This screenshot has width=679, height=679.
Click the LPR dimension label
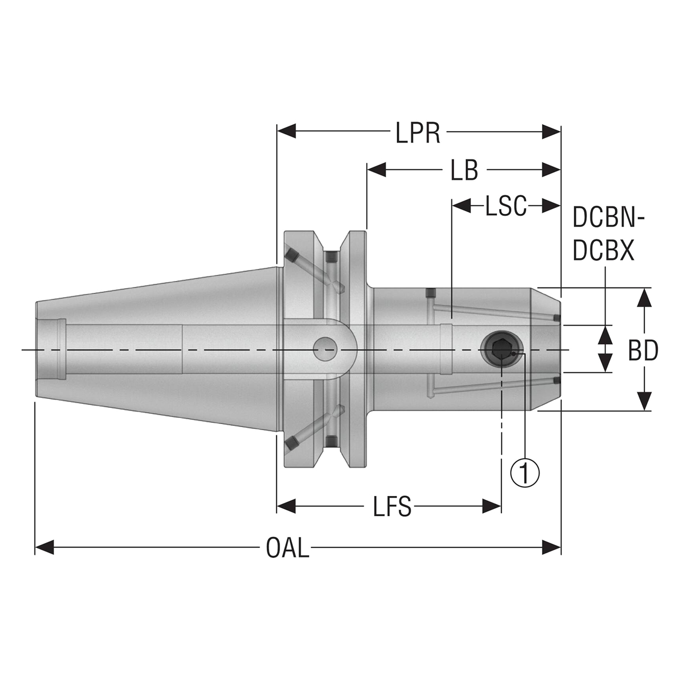point(417,134)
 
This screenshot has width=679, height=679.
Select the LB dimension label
point(464,171)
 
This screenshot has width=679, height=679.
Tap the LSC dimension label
point(506,206)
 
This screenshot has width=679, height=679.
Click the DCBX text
point(604,252)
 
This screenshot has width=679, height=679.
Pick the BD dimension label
point(643,351)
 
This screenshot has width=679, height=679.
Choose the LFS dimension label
point(392,508)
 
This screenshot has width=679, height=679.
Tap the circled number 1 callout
point(525,472)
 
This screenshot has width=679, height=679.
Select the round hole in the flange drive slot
point(325,350)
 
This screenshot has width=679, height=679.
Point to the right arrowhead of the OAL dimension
point(552,547)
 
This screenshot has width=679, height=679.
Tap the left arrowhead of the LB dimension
point(376,170)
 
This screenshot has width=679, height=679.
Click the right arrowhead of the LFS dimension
point(491,507)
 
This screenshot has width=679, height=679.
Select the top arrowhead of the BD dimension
point(643,298)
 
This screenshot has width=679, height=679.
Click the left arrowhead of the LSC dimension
point(460,206)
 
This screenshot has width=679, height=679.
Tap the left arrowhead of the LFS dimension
point(286,507)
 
